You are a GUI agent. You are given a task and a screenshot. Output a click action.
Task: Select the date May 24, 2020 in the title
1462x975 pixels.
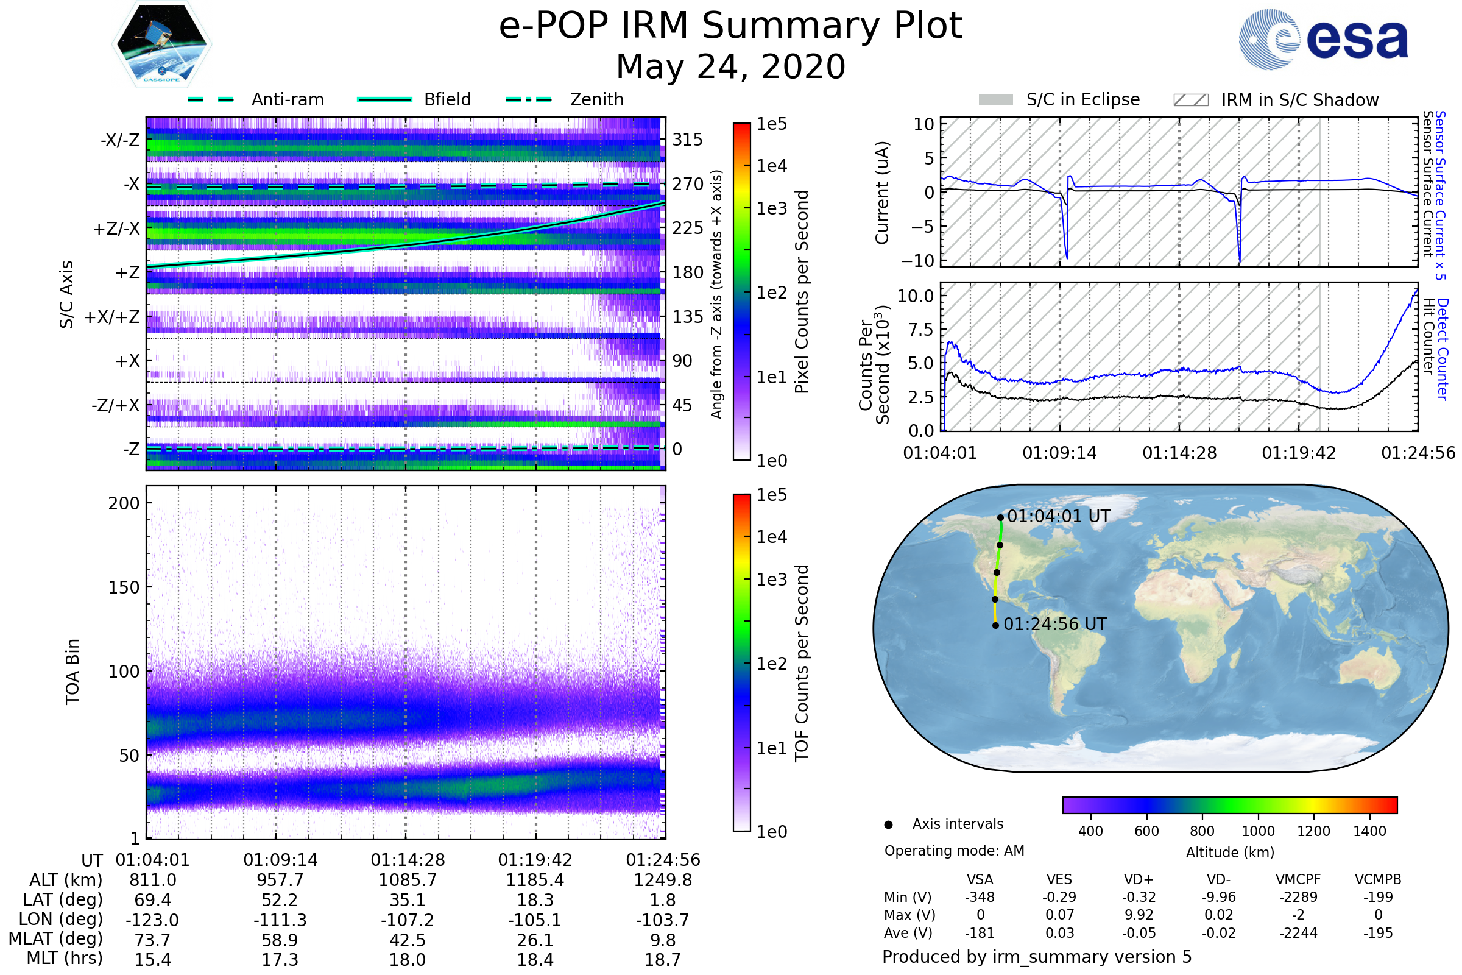(730, 67)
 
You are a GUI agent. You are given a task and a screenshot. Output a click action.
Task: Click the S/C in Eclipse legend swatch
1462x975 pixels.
(995, 100)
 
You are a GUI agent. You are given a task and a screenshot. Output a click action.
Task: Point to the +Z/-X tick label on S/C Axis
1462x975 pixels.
(116, 229)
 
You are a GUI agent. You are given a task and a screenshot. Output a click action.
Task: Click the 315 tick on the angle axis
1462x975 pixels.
(687, 140)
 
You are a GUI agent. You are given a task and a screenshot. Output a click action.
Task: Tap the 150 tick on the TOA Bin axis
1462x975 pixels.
(124, 587)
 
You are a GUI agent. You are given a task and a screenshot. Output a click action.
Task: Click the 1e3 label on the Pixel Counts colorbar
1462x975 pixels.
(771, 209)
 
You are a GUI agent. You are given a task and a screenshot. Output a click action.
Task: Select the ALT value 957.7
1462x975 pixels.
(280, 880)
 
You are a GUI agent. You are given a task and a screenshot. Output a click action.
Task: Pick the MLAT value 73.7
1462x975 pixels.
(152, 940)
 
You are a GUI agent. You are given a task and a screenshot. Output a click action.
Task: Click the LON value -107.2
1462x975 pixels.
(407, 920)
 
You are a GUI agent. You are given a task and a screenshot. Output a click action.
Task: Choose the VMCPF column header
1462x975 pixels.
(1298, 880)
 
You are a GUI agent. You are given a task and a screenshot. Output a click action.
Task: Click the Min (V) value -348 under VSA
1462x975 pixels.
(980, 897)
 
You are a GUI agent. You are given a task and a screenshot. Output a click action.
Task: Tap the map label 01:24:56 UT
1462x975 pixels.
(1055, 624)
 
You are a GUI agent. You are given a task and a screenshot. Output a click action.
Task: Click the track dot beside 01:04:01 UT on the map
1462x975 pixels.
(1000, 517)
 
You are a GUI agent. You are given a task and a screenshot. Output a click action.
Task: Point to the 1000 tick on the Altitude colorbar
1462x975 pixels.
(1257, 831)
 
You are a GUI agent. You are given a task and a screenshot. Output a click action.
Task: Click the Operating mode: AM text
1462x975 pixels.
(954, 851)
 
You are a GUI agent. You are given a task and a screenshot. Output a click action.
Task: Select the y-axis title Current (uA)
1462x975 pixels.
(882, 193)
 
